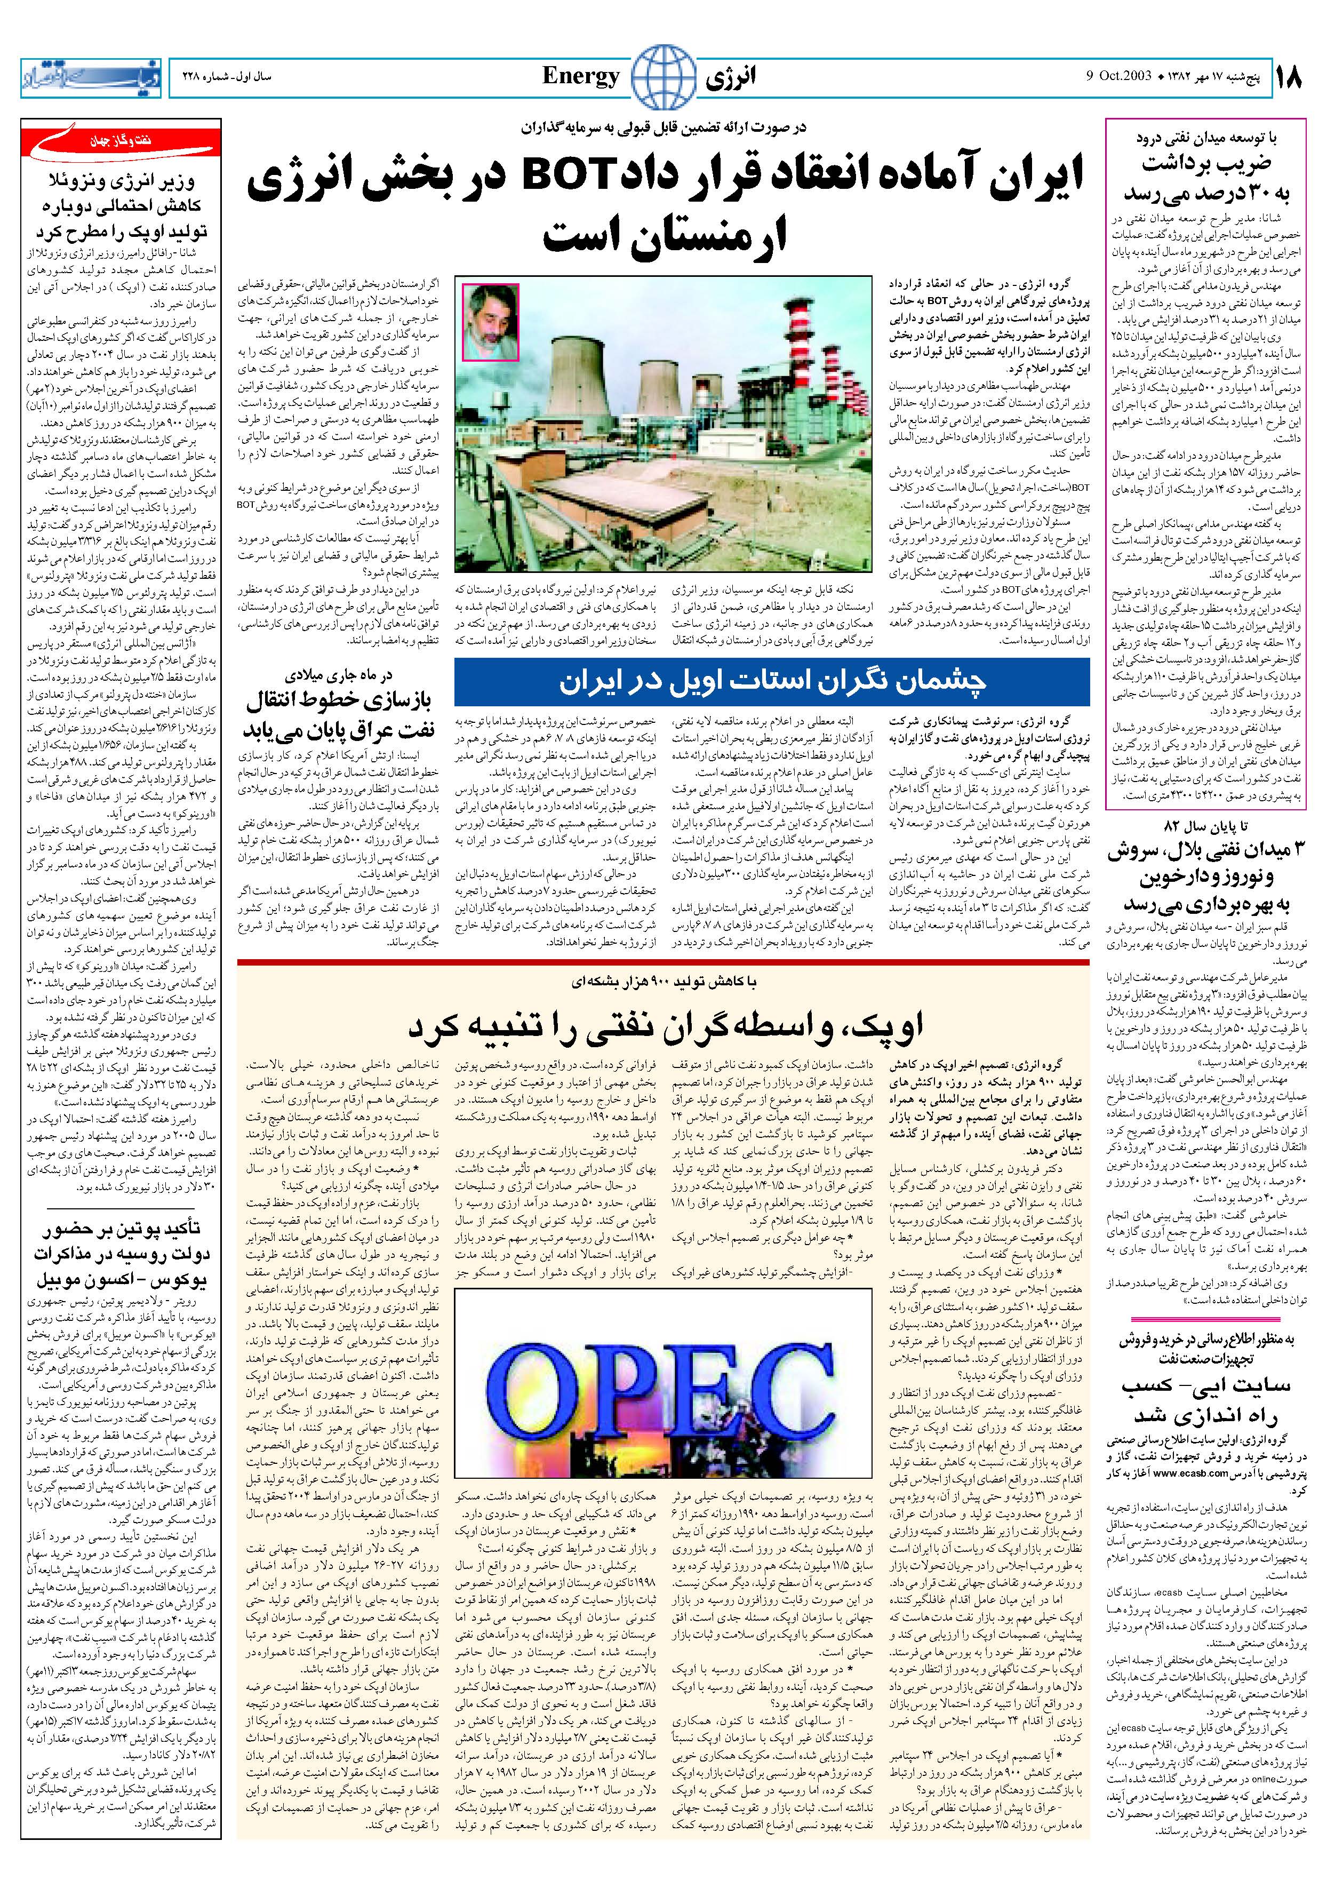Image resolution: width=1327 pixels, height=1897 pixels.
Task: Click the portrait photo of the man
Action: [x=490, y=322]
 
